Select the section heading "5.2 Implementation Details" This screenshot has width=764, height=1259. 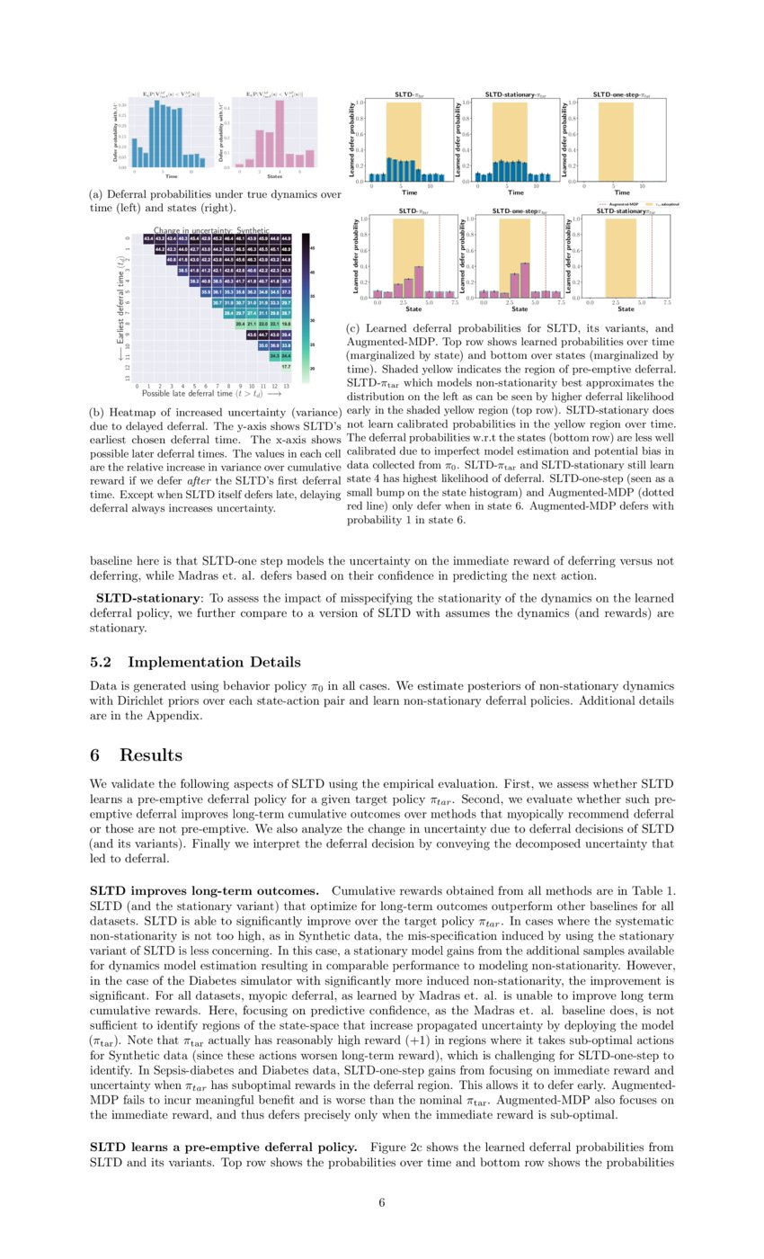(x=195, y=662)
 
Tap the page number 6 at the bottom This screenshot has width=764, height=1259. (x=382, y=1202)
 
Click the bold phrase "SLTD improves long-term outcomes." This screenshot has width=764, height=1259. (x=204, y=890)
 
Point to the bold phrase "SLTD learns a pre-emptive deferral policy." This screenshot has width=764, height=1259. (x=223, y=1147)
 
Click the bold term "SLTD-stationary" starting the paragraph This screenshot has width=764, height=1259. (x=147, y=598)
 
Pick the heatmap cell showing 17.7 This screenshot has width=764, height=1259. (x=286, y=367)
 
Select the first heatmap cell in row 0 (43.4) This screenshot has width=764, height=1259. (x=148, y=238)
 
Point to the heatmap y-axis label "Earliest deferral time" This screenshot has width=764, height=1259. (x=120, y=306)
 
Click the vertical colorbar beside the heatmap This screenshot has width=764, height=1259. (x=306, y=306)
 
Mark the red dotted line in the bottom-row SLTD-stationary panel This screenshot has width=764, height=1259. (x=651, y=257)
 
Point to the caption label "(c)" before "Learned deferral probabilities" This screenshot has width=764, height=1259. (x=353, y=329)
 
